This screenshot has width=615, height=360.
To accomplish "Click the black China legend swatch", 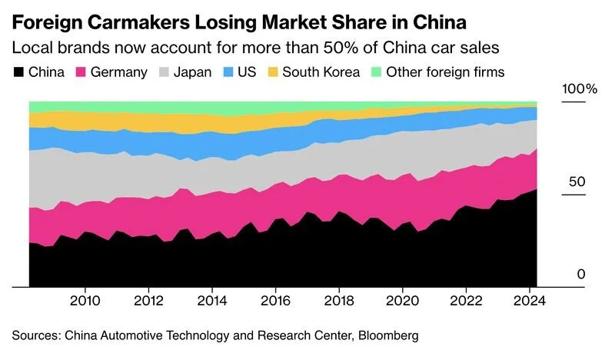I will pyautogui.click(x=18, y=72).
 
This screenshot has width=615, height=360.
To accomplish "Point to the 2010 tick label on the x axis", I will pyautogui.click(x=85, y=299).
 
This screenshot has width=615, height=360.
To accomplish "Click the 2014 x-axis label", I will pyautogui.click(x=211, y=299).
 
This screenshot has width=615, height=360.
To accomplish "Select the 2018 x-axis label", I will pyautogui.click(x=337, y=299).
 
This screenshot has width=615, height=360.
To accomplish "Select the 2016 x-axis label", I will pyautogui.click(x=274, y=299).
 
